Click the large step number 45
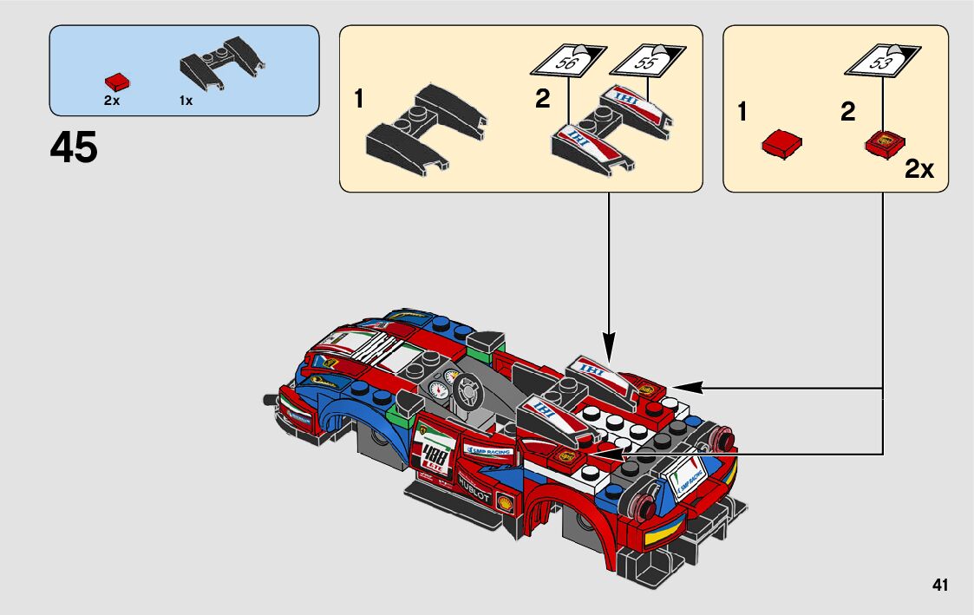click(x=74, y=148)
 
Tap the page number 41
click(x=940, y=585)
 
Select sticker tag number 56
click(x=567, y=63)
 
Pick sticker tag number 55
click(x=645, y=62)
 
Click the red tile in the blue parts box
click(x=117, y=82)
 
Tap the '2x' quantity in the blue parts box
click(x=111, y=101)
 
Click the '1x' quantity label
click(x=186, y=101)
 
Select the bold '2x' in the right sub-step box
click(x=918, y=169)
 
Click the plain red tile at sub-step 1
click(x=781, y=144)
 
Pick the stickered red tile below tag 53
click(x=886, y=145)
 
